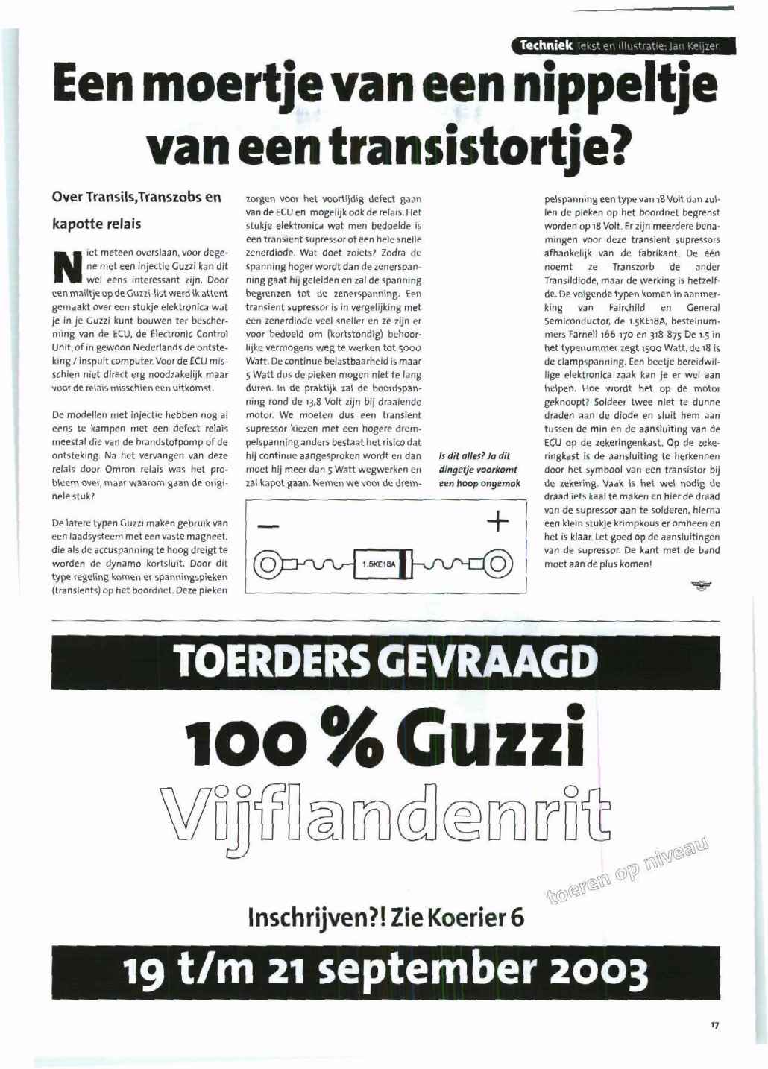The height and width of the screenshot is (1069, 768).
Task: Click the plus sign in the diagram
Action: tap(497, 520)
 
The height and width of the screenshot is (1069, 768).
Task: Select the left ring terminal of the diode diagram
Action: tap(266, 563)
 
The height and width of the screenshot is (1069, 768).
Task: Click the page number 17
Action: tap(714, 1026)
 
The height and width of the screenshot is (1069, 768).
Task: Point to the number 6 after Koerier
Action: tap(516, 915)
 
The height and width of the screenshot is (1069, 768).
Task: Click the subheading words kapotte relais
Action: tap(96, 224)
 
